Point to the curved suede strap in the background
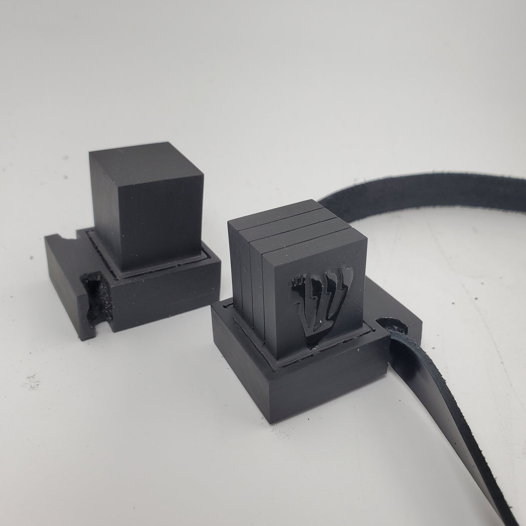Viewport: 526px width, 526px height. (426, 193)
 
